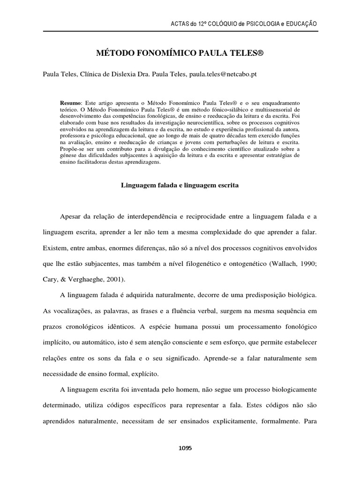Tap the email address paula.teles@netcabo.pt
point(223,74)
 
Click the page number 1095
point(186,448)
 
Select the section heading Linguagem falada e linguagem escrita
point(180,185)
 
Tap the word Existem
point(56,248)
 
